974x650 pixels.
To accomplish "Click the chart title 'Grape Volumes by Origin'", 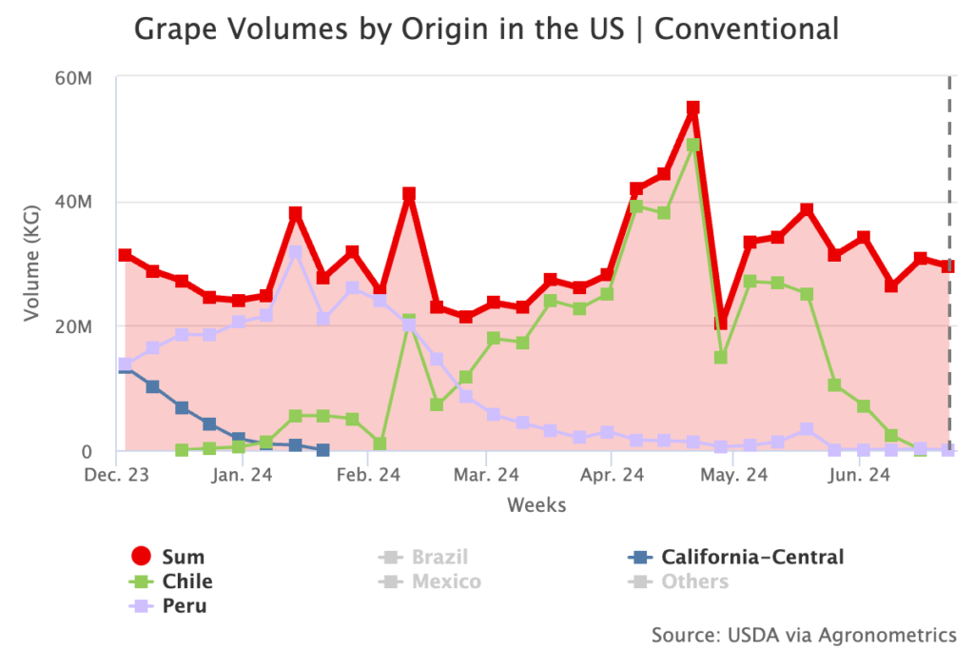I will point(486,29).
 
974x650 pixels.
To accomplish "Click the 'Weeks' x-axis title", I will point(536,504).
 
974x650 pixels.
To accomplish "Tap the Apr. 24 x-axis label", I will point(610,474).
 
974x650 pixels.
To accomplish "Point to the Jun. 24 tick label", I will point(859,474).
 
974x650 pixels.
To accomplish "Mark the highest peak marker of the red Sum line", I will point(693,108).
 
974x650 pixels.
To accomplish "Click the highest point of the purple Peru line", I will point(296,252).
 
